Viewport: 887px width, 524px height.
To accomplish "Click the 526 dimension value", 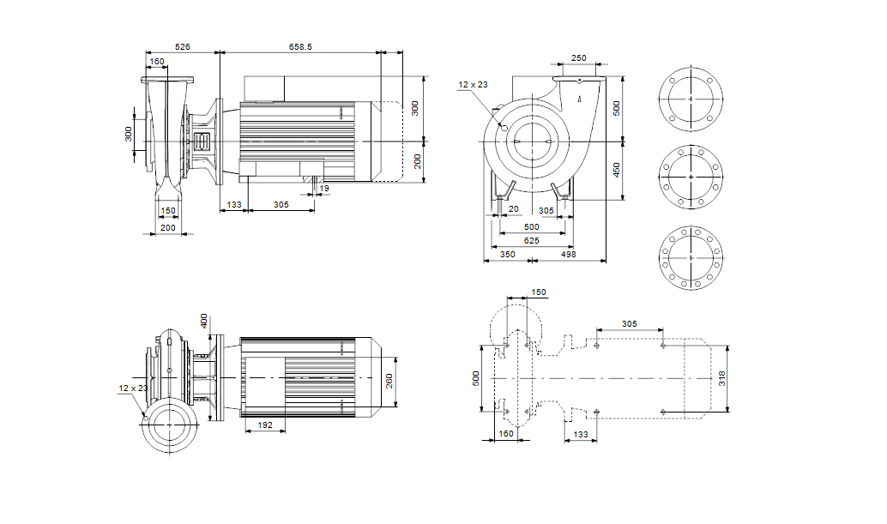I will click(x=182, y=46).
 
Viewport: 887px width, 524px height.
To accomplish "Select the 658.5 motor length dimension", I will click(x=300, y=46).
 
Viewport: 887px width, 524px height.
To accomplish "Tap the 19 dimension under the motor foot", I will click(x=323, y=188).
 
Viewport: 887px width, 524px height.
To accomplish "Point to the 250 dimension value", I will click(x=578, y=58).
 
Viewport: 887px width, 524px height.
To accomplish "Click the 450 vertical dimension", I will click(x=615, y=171).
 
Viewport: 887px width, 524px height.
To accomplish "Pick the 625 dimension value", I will click(x=532, y=241).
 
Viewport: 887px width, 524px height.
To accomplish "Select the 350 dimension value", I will click(x=508, y=255).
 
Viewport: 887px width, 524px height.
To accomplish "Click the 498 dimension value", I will click(x=568, y=255).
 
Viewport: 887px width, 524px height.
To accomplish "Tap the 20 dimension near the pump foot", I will click(x=514, y=209).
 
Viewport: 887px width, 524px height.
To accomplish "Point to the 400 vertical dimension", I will click(x=204, y=321).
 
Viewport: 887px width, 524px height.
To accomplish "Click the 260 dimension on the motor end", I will click(x=389, y=379).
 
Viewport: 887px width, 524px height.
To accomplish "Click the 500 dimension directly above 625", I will click(x=532, y=227).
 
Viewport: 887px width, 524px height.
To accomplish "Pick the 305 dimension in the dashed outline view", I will click(x=629, y=324).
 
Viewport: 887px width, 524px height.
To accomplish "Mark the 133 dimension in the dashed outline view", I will click(x=581, y=435).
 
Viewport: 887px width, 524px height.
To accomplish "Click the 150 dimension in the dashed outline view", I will click(x=538, y=292).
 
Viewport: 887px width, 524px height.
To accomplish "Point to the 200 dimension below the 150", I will click(x=168, y=227).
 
